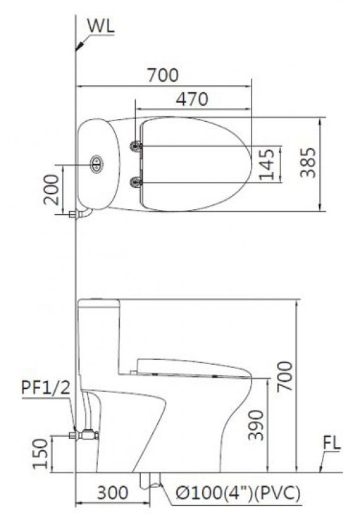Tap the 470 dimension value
(192, 99)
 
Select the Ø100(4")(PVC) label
(233, 493)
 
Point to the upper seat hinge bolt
(136, 146)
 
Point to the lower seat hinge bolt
(136, 183)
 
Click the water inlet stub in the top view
(76, 212)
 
